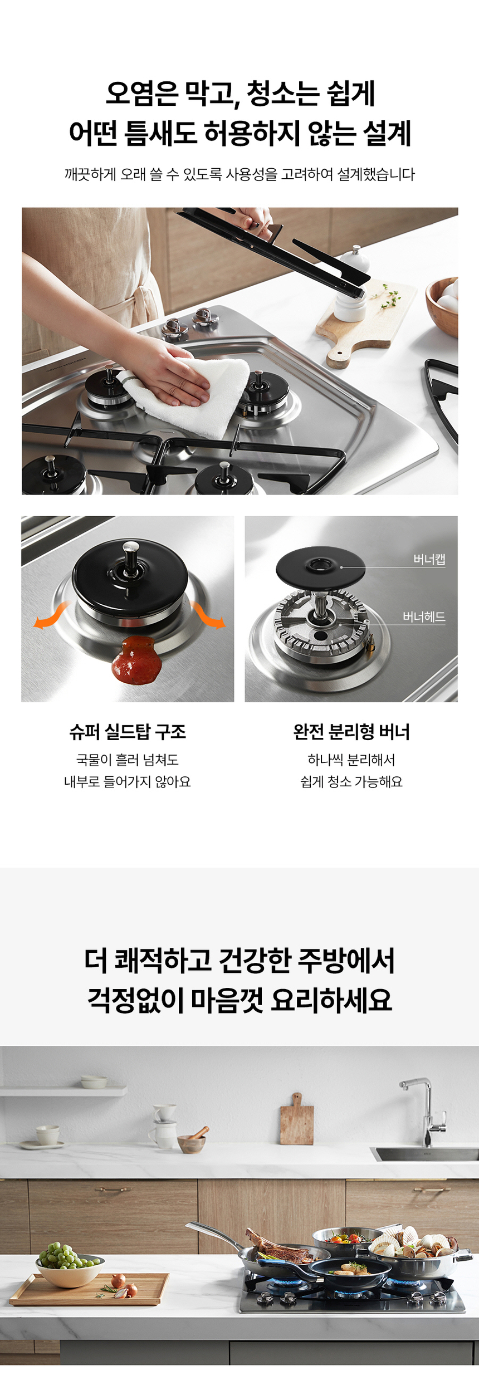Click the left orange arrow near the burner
(x=51, y=616)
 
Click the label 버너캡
(x=429, y=559)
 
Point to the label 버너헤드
(x=424, y=616)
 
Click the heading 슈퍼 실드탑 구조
(x=128, y=731)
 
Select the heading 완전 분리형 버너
(x=351, y=731)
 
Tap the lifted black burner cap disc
(x=320, y=569)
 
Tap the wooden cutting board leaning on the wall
(x=296, y=1121)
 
